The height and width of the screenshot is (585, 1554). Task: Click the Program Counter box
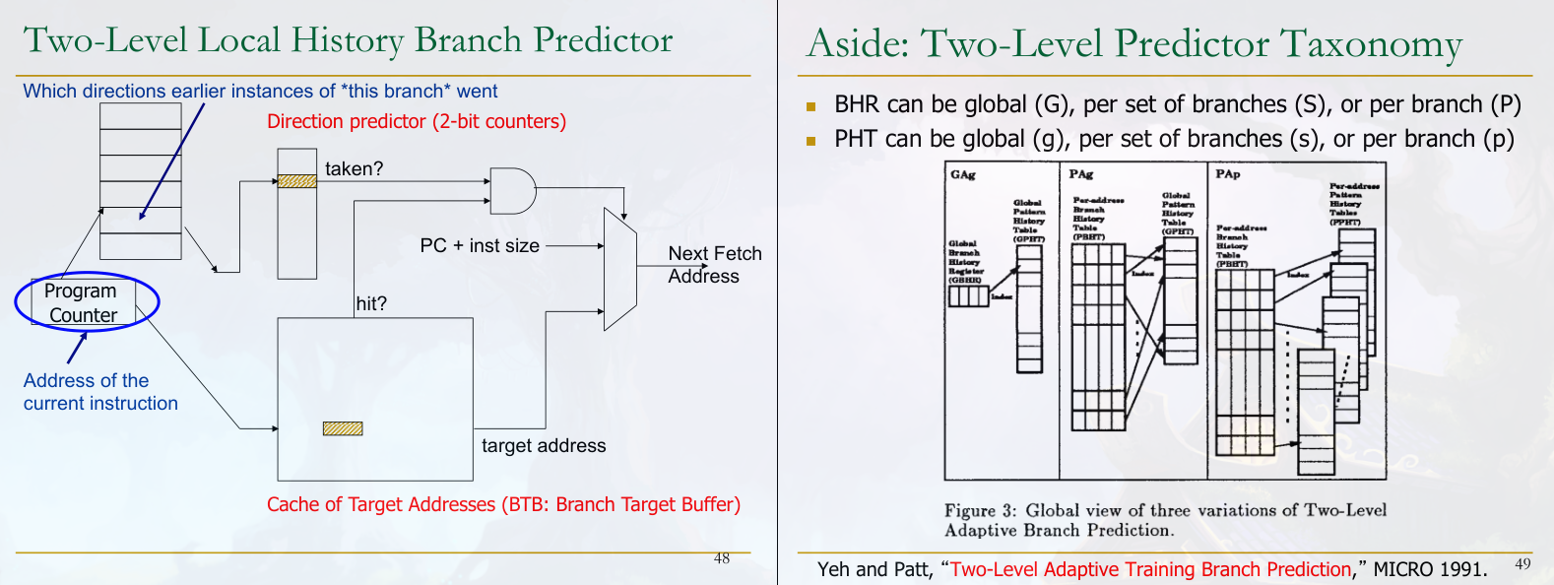[83, 302]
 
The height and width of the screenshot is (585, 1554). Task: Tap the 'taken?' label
[354, 168]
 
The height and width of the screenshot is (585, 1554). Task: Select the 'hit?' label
[371, 303]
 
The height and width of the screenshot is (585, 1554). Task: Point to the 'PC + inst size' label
[480, 245]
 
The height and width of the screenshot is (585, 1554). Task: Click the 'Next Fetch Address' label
[714, 265]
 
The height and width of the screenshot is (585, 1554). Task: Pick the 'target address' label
[544, 445]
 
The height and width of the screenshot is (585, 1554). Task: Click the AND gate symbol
[511, 191]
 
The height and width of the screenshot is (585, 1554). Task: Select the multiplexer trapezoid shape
[620, 269]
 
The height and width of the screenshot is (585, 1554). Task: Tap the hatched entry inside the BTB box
[343, 428]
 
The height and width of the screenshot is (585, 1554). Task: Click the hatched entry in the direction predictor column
[296, 181]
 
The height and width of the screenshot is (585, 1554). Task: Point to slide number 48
[722, 558]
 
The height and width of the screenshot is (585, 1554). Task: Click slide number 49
[1522, 563]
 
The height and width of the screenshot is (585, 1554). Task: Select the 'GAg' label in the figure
[962, 174]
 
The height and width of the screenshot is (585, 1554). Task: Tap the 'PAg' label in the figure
[1080, 174]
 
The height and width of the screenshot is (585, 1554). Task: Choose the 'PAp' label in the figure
[1227, 174]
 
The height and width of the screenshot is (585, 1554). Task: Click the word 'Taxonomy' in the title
[1371, 45]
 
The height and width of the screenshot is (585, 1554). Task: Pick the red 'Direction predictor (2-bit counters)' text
[417, 121]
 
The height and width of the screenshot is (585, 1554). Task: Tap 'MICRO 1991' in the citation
[1430, 569]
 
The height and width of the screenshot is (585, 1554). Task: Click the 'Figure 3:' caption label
[980, 510]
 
